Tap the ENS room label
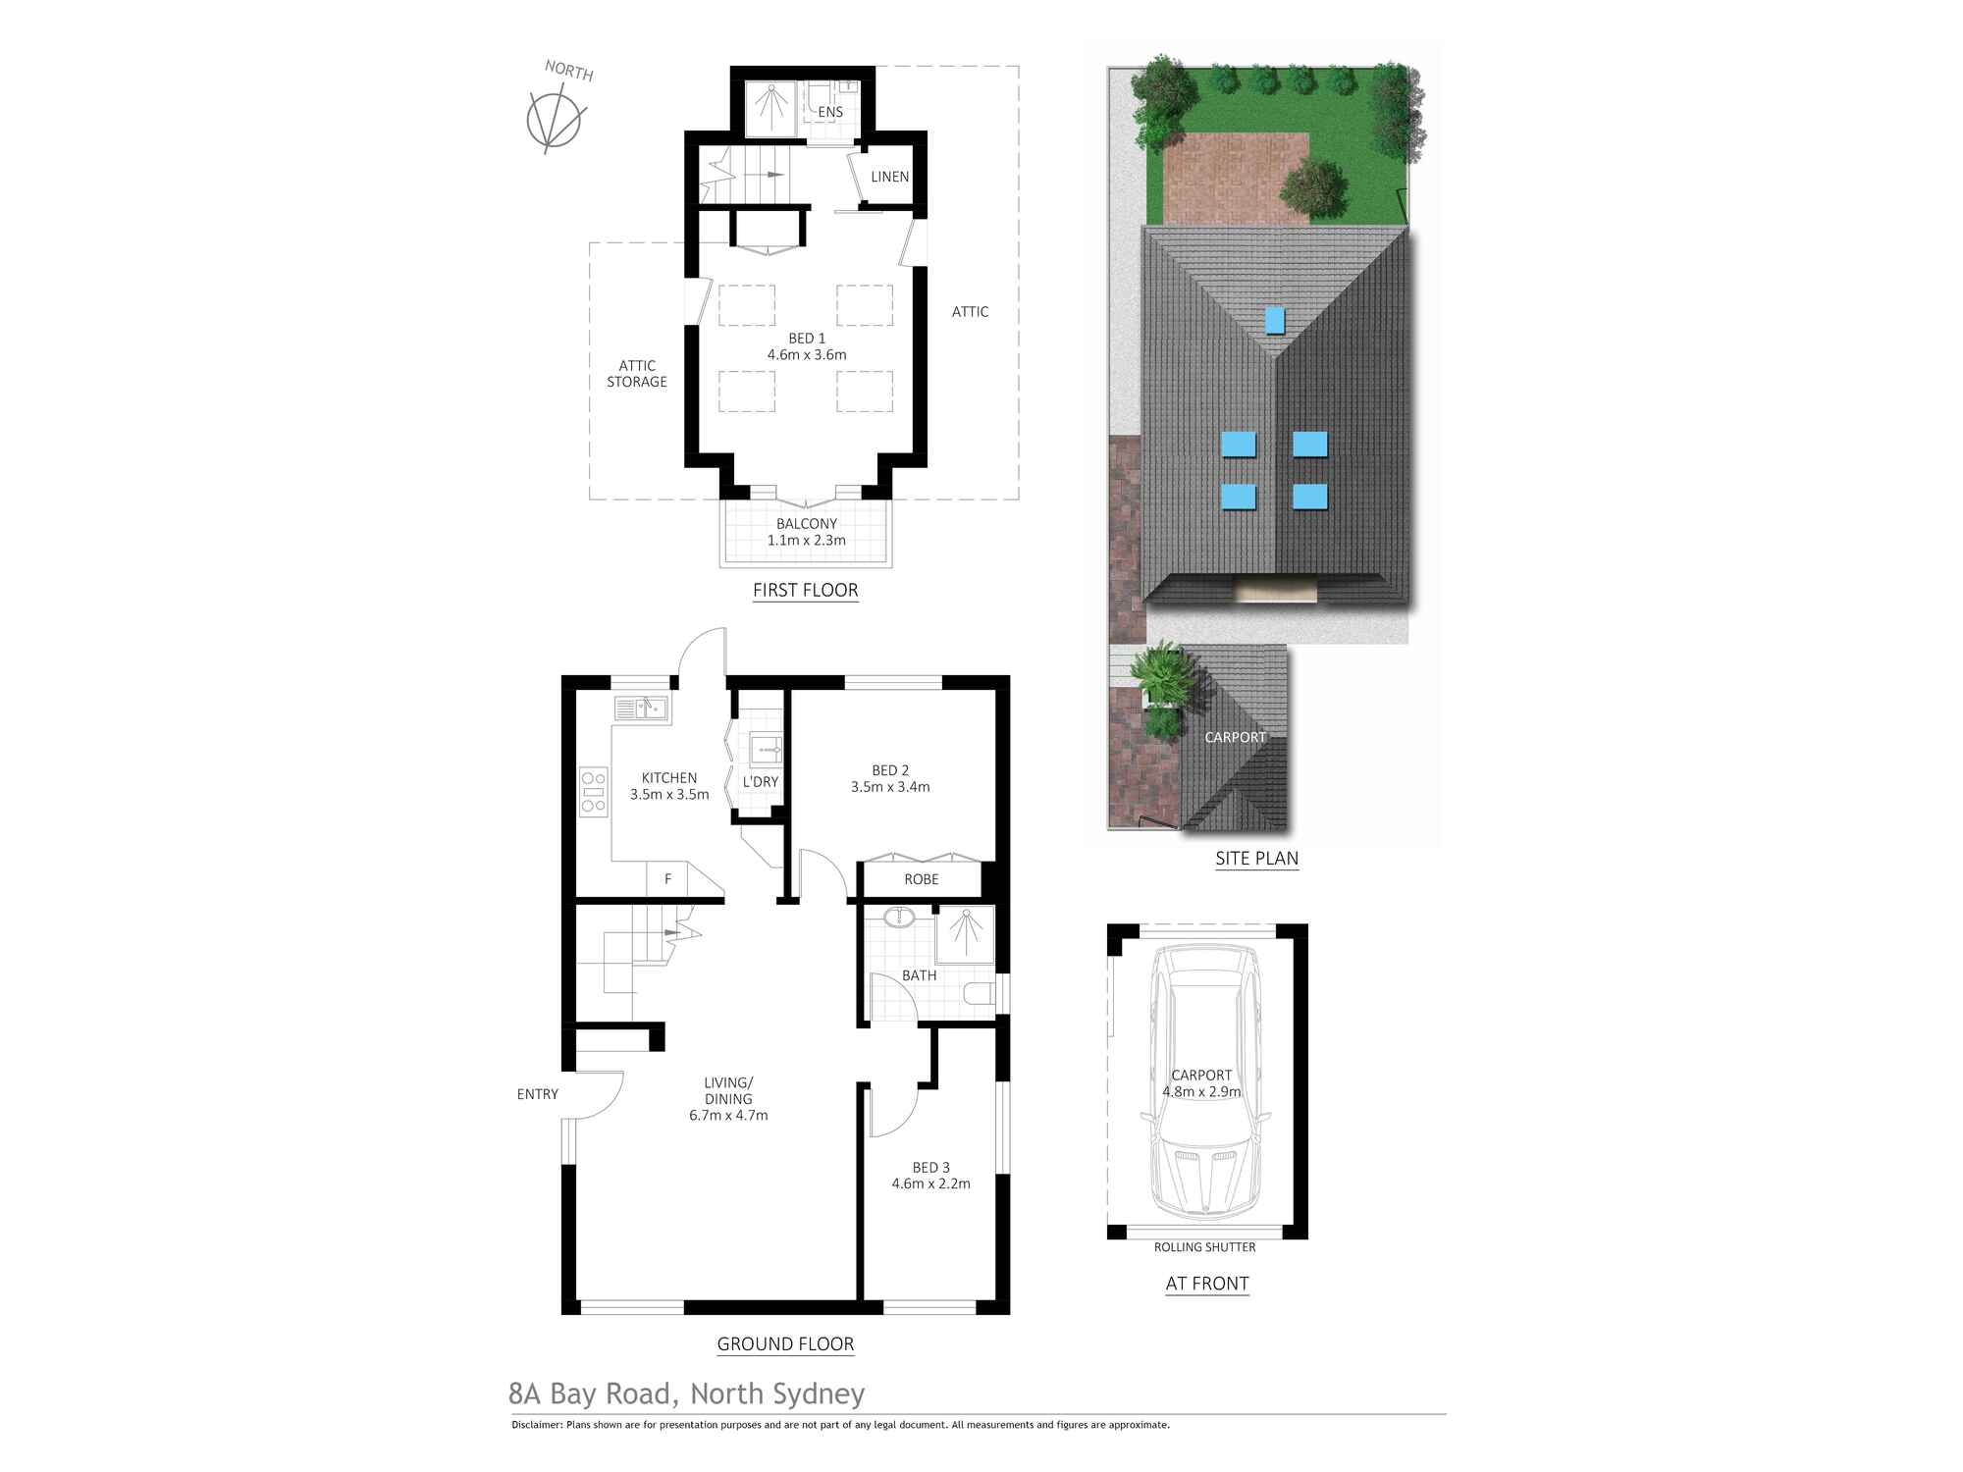(830, 112)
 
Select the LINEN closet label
(889, 177)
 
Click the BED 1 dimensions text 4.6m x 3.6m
(807, 354)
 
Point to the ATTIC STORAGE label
(637, 374)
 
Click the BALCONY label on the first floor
(807, 524)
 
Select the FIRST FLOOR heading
(805, 590)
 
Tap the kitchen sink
(641, 708)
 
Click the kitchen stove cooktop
(593, 791)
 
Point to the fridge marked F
(667, 879)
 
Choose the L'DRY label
(761, 781)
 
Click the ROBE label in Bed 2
(921, 879)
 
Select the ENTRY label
(537, 1094)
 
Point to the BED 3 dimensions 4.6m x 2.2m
(930, 1183)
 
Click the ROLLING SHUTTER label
(1204, 1247)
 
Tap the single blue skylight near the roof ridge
(1274, 320)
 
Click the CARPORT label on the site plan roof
(1235, 737)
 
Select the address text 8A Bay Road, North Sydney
(686, 1393)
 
